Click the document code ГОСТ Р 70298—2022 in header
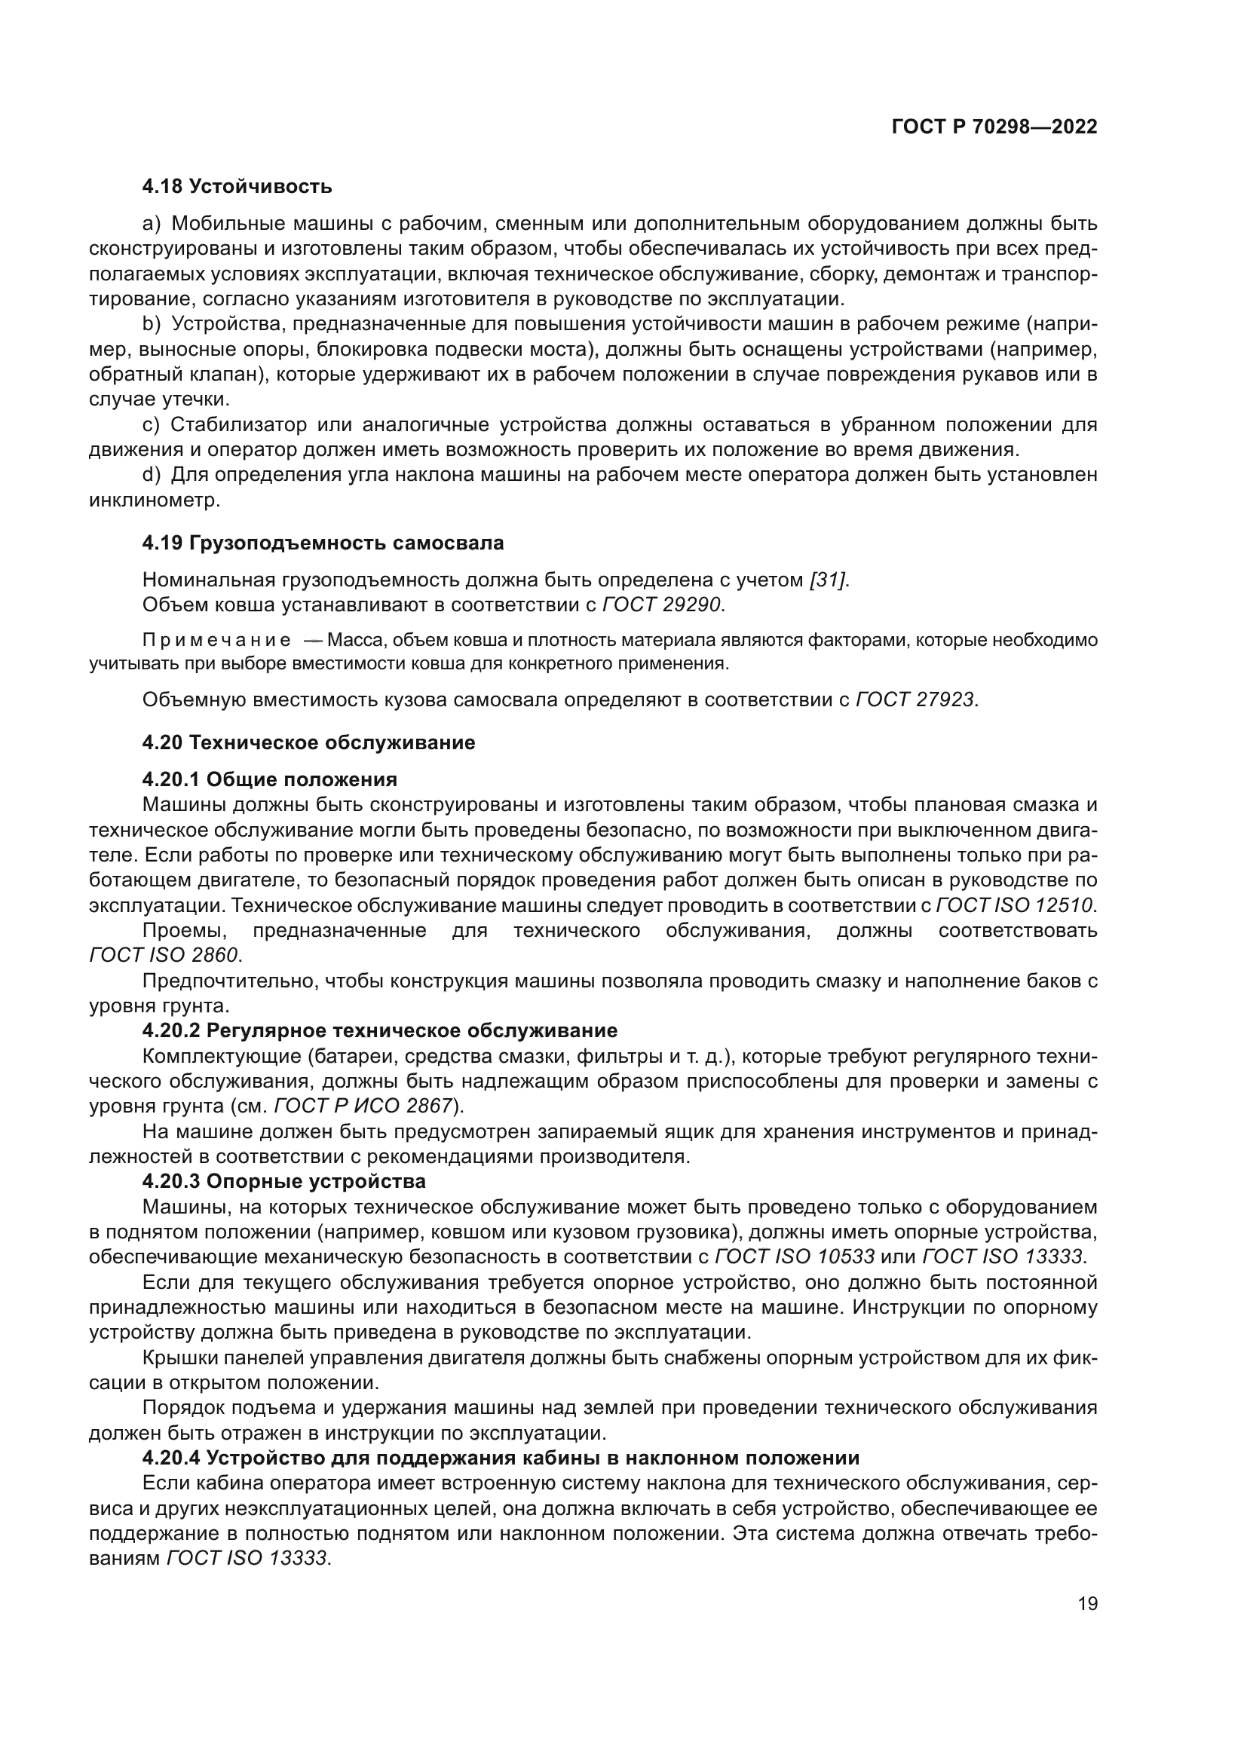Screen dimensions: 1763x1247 pyautogui.click(x=994, y=127)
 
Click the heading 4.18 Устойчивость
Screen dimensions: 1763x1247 pyautogui.click(x=237, y=186)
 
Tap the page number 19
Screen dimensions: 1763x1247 pyautogui.click(x=1087, y=1603)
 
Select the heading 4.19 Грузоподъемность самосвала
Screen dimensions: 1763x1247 pyautogui.click(x=323, y=543)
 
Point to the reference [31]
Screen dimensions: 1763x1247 pyautogui.click(x=829, y=580)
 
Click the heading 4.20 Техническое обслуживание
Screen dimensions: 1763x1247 pyautogui.click(x=308, y=742)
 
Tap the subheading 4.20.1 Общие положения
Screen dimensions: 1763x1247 pyautogui.click(x=269, y=779)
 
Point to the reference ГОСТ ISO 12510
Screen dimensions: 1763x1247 pyautogui.click(x=1013, y=905)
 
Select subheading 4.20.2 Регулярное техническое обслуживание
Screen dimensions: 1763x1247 pyautogui.click(x=380, y=1030)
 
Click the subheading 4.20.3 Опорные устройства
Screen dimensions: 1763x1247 pyautogui.click(x=284, y=1180)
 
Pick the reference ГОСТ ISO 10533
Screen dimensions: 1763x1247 pyautogui.click(x=794, y=1256)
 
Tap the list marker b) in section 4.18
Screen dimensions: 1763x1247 pyautogui.click(x=152, y=325)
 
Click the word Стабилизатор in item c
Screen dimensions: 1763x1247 pyautogui.click(x=240, y=424)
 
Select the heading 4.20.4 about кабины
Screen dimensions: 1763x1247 pyautogui.click(x=501, y=1457)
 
